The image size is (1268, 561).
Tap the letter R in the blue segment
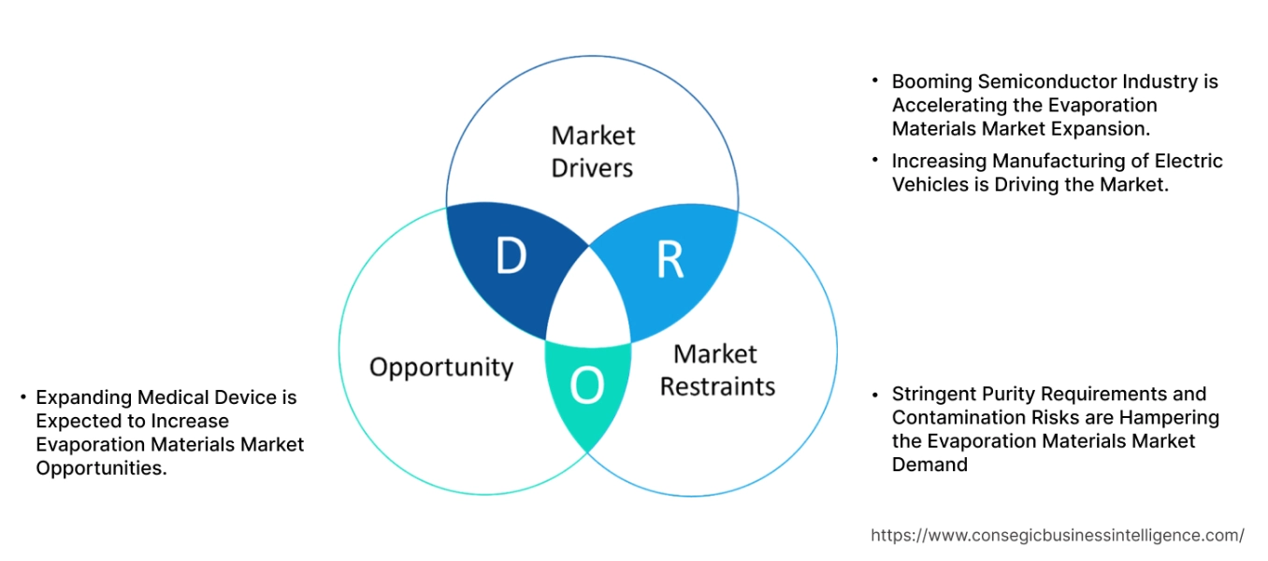670,262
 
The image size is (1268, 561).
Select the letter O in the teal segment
586,386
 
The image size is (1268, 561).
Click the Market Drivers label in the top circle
592,151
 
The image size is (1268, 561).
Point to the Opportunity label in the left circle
441,367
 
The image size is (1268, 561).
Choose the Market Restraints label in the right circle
717,370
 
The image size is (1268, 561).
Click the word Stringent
930,394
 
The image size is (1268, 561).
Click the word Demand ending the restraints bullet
929,465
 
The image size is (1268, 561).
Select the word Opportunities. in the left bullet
101,468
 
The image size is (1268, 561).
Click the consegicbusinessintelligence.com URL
1058,536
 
